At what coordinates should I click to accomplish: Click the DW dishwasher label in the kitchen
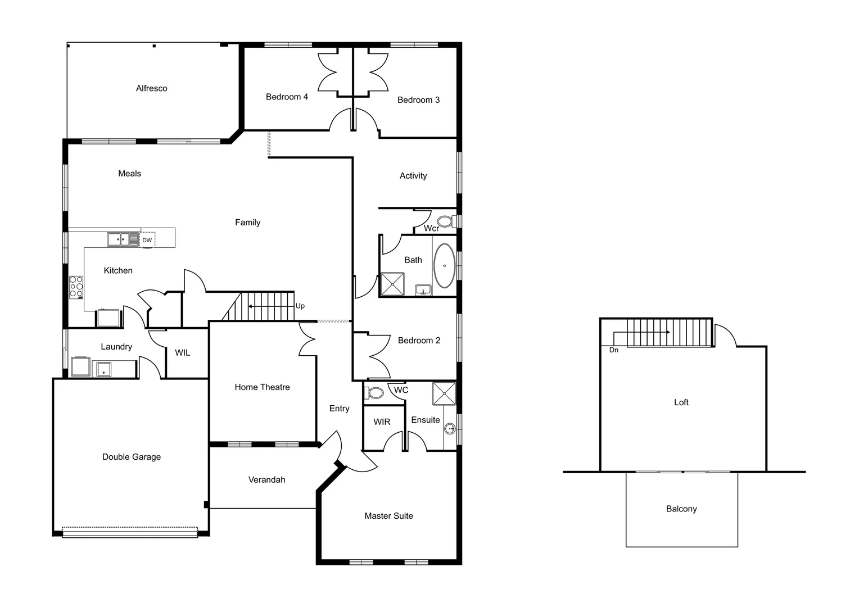click(147, 240)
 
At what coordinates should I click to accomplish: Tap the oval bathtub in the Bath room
click(445, 266)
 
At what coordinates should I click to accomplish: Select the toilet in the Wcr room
click(445, 221)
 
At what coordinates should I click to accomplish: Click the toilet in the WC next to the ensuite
click(375, 392)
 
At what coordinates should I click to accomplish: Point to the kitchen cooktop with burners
click(76, 287)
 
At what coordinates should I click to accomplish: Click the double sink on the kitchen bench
click(123, 239)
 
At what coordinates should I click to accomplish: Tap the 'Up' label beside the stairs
click(300, 306)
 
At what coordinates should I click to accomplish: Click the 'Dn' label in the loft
click(614, 350)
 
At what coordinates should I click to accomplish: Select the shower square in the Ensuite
click(444, 393)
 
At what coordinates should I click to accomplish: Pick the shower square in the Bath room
click(392, 284)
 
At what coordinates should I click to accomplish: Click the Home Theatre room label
click(262, 387)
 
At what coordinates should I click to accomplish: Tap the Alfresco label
click(151, 88)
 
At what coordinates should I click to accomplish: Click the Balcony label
click(681, 509)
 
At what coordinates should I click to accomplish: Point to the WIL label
click(182, 352)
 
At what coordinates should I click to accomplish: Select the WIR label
click(382, 422)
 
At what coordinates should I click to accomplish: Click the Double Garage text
click(131, 457)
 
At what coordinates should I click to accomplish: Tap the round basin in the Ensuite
click(450, 429)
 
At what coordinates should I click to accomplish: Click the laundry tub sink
click(103, 369)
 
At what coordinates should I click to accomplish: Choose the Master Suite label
click(388, 515)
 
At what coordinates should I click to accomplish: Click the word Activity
click(413, 175)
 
